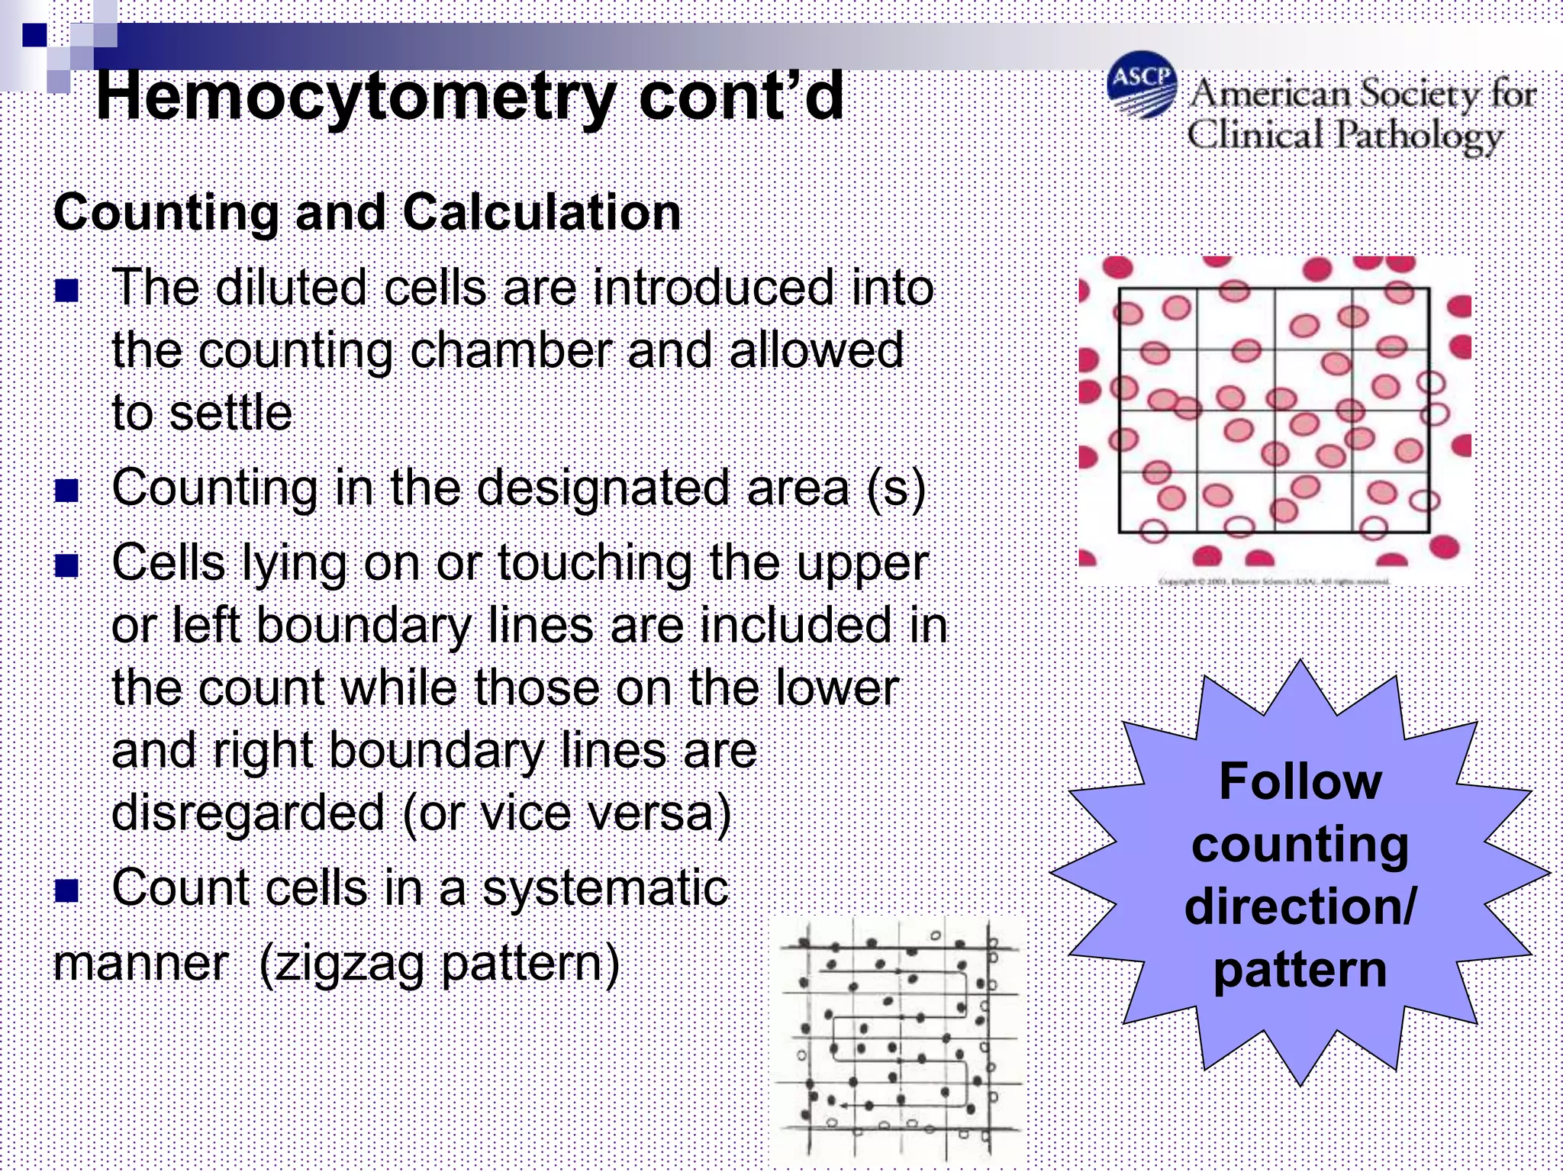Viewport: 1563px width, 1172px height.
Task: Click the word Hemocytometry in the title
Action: [x=355, y=98]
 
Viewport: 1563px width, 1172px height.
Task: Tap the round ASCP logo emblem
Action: [x=1142, y=85]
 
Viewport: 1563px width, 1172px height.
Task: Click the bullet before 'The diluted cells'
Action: [x=67, y=291]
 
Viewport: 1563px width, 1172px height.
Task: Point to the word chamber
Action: [x=511, y=351]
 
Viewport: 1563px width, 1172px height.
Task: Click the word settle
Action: [x=230, y=413]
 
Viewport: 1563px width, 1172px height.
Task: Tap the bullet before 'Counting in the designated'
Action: [x=67, y=491]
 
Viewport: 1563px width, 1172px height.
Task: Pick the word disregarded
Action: [x=247, y=813]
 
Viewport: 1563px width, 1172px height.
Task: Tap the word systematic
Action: [x=605, y=888]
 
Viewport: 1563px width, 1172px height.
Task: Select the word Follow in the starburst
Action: [x=1300, y=781]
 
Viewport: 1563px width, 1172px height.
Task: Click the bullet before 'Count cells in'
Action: [x=67, y=890]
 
